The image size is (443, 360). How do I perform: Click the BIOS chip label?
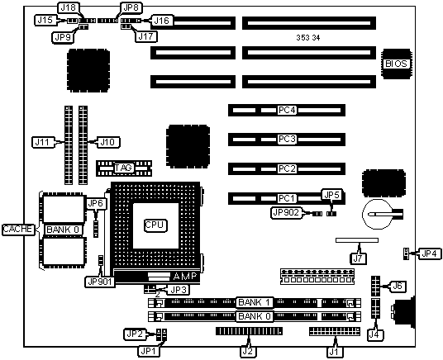[396, 64]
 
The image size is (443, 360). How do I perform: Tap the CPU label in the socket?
[155, 225]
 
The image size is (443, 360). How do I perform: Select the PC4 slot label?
[287, 110]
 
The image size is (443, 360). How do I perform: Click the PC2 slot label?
[287, 168]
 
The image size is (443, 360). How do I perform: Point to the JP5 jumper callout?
[332, 195]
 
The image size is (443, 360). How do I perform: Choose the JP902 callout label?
[286, 212]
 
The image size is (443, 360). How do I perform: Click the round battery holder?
[378, 214]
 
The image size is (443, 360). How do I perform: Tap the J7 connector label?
[358, 258]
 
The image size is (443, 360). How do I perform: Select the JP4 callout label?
[429, 253]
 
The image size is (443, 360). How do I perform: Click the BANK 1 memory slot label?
[255, 303]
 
